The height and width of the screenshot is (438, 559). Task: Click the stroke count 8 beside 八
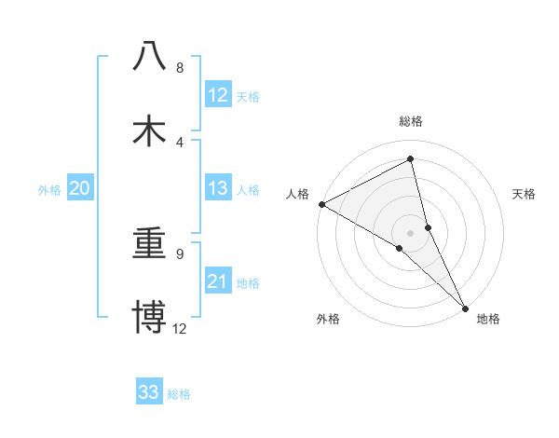pos(180,68)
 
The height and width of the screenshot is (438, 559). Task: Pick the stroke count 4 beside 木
pos(180,142)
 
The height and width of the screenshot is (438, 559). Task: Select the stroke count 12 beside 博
pos(180,328)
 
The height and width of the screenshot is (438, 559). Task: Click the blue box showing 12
pos(218,95)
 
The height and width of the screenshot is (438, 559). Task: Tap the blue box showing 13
pos(218,189)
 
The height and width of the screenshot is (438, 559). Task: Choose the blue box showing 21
pos(218,282)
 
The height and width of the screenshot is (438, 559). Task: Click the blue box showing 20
pos(80,189)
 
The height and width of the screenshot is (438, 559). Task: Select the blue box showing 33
pos(149,392)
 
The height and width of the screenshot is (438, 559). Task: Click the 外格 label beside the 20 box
pos(49,190)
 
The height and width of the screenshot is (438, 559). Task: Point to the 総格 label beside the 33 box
pos(179,393)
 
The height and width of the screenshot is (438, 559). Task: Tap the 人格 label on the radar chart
pos(298,194)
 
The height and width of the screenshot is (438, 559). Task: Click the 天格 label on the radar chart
pos(525,194)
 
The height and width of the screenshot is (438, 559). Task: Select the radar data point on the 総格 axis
pos(410,159)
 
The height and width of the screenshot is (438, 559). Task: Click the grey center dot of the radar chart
pos(410,232)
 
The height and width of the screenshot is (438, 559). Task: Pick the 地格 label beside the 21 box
pos(248,283)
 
